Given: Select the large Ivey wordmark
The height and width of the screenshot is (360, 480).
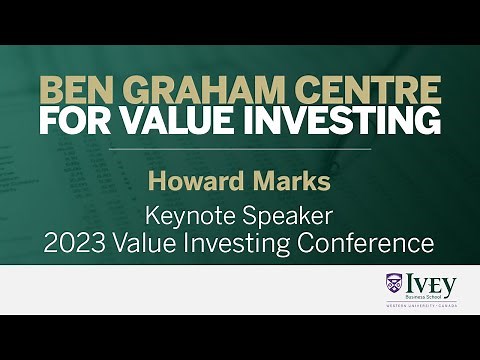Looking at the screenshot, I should point(432,281).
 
